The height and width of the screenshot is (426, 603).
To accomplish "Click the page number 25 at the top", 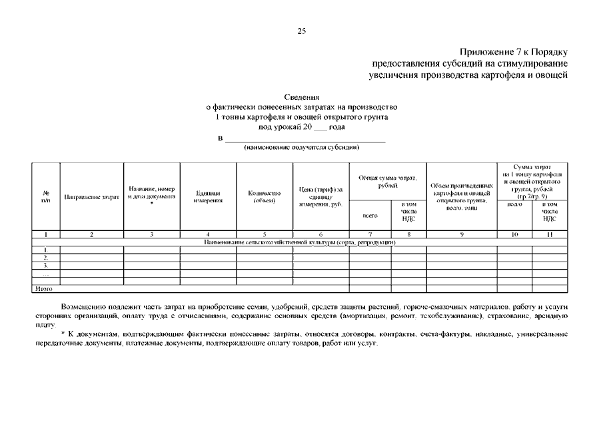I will (301, 31).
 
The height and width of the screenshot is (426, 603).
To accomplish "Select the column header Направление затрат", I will (91, 197).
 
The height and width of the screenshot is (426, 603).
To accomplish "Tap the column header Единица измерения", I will (208, 196).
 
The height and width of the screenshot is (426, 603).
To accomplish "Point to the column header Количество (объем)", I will (265, 196).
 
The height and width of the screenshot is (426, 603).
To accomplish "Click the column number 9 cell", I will (461, 234).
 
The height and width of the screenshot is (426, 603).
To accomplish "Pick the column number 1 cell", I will (45, 234).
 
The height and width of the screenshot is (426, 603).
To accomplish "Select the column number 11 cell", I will (550, 234).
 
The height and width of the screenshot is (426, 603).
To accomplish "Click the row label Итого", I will (43, 289).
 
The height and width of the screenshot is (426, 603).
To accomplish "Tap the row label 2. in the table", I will (45, 258).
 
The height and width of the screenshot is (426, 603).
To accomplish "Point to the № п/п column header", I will (45, 197).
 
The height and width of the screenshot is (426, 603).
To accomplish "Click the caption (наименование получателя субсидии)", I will (302, 146).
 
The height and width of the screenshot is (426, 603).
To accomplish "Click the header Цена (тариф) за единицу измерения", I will (321, 196).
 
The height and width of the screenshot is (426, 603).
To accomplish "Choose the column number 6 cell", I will (321, 234).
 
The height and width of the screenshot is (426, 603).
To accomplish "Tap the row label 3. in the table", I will (45, 266).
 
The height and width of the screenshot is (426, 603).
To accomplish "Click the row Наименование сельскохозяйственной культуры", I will (301, 242).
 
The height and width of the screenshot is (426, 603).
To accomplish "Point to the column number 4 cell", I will (208, 234).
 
